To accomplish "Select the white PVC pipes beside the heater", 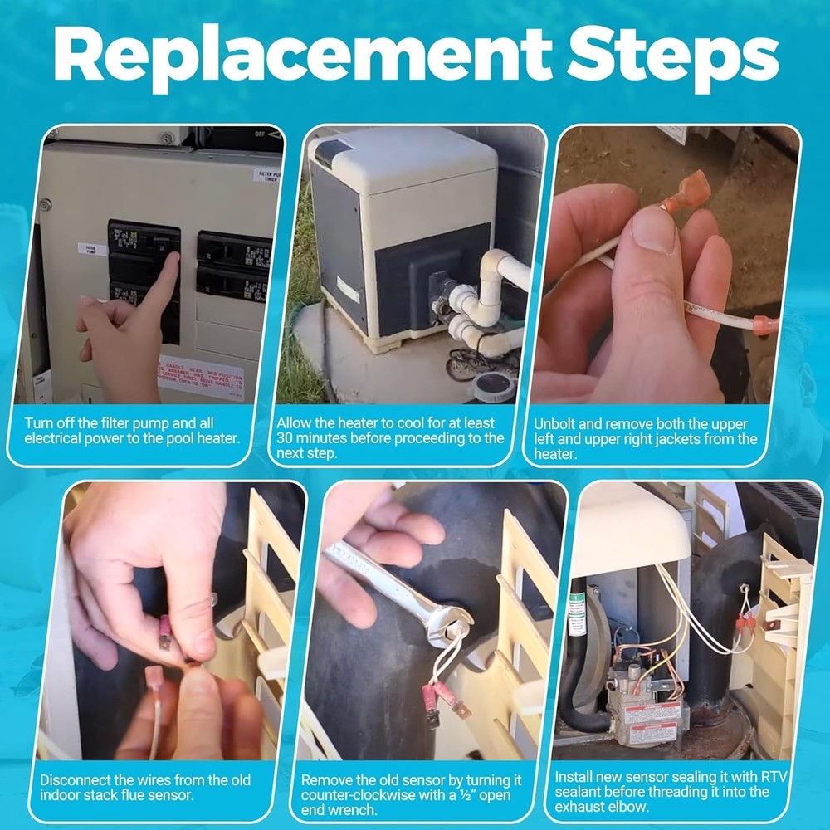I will [x=490, y=299].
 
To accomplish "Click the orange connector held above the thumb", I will [x=689, y=189].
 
